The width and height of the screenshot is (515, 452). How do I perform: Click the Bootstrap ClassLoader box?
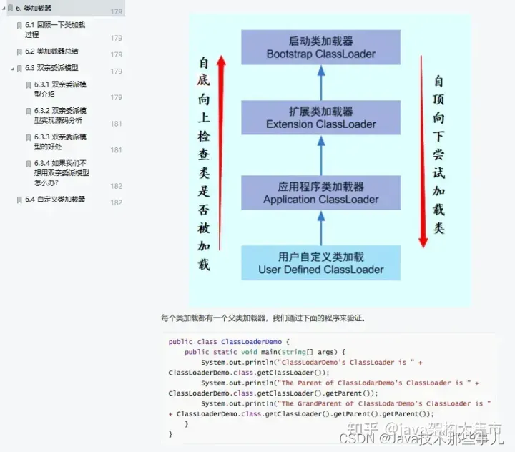coord(320,47)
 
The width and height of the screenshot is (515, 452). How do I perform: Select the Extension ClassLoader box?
coord(320,117)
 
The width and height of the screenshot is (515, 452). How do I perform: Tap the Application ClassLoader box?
coord(320,192)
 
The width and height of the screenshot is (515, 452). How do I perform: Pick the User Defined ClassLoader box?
coord(320,263)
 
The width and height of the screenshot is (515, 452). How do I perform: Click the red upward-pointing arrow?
coord(221,154)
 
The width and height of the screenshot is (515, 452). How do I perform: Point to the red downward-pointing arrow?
coord(423,154)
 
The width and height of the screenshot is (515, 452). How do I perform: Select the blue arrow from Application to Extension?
coord(321,155)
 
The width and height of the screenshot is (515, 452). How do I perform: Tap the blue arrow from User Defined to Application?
coord(321,227)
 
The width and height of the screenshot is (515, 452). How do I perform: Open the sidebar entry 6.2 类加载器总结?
coord(51,51)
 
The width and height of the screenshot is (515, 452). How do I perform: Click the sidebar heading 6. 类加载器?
coord(34,8)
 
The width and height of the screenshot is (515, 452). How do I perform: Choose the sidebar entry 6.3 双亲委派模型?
coord(51,68)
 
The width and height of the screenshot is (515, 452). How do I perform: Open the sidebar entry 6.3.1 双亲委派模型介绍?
coord(60,89)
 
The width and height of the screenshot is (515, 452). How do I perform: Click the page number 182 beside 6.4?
coord(116,203)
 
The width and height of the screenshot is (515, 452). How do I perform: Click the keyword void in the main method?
coord(248,352)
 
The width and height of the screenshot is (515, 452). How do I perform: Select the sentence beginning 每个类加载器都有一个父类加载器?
coord(263,318)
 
